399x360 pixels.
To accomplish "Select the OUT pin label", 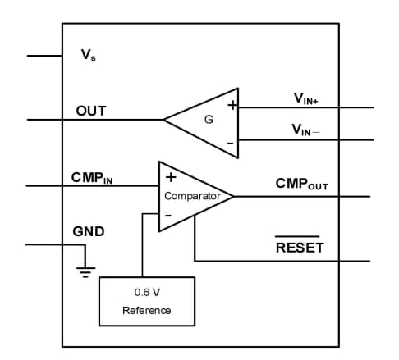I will point(90,111).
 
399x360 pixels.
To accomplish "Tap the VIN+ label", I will point(306,99).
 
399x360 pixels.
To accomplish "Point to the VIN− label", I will point(306,130).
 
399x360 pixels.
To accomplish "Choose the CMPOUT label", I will point(302,185).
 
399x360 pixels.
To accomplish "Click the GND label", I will point(89,231).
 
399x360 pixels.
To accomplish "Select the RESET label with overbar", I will point(300,247).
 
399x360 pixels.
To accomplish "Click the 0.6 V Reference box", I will point(147,300).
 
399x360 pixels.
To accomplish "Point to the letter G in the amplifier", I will point(209,120).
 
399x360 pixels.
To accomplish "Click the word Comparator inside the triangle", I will point(193,197).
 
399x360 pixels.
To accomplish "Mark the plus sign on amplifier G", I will point(232,106).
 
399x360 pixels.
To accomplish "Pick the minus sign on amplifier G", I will point(231,143).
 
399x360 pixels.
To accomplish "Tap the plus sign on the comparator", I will point(170,176).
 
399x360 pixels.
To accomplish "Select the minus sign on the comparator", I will point(168,216).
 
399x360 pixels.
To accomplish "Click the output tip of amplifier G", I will point(165,120).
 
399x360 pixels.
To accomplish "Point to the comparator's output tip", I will point(233,196).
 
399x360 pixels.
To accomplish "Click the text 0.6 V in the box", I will point(147,292).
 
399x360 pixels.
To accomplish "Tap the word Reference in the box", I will point(147,310).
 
